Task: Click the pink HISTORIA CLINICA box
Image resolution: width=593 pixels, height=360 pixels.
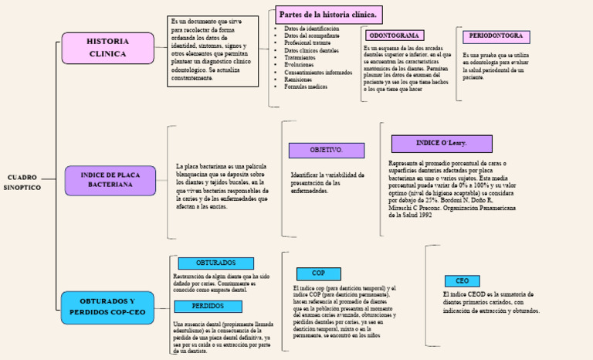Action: (108, 48)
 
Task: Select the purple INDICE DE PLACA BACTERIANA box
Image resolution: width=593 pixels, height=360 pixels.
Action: (110, 180)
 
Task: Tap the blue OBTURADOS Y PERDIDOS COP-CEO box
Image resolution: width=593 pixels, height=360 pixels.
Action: (107, 306)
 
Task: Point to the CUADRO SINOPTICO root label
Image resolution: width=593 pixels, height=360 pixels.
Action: (22, 182)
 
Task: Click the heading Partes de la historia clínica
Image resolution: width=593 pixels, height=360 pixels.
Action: (328, 15)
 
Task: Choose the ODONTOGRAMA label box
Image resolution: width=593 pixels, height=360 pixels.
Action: (394, 36)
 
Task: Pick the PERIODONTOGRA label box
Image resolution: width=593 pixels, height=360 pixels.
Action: (496, 36)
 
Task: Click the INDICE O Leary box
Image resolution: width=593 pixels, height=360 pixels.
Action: (430, 144)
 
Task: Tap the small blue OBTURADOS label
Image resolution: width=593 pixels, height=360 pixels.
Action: (205, 263)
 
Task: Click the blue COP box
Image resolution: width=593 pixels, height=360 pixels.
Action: (318, 273)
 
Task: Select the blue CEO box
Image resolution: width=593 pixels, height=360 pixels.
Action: (462, 281)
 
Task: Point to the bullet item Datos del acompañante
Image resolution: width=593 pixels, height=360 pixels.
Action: (310, 36)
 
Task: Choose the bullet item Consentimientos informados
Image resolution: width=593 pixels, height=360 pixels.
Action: (318, 72)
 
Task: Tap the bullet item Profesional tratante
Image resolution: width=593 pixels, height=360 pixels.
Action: (309, 43)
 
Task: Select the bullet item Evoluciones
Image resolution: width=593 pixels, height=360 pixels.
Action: (300, 65)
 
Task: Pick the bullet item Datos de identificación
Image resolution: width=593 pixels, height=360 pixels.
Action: (311, 29)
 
